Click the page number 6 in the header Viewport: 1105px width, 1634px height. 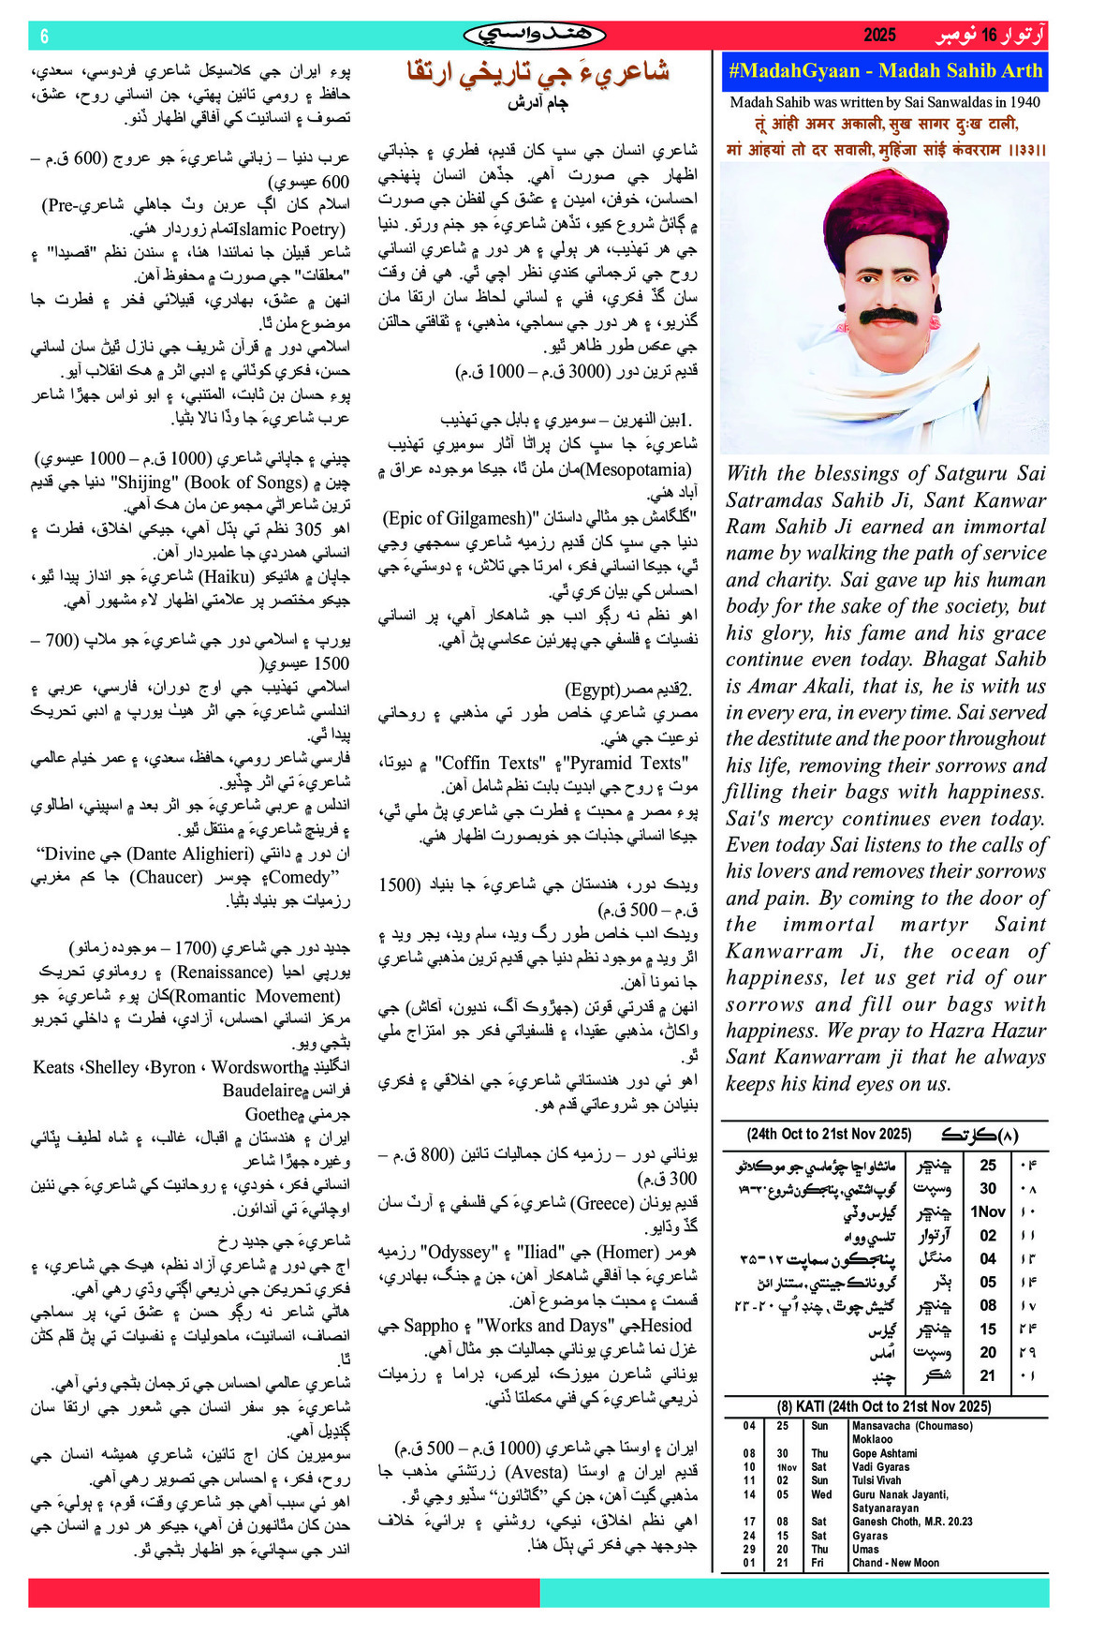(45, 37)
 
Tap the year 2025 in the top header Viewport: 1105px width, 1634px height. (879, 36)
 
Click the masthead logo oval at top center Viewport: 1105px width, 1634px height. (535, 36)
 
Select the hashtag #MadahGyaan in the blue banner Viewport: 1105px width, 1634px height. (793, 71)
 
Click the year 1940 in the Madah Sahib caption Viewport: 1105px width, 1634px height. (1021, 103)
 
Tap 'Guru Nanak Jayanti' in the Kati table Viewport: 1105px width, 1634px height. (900, 1494)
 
